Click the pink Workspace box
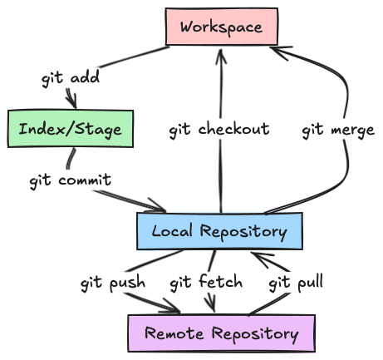point(222,27)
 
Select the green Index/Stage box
point(71,129)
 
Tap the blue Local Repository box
point(219,231)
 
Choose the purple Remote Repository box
point(222,333)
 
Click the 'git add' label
point(71,77)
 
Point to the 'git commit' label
point(71,180)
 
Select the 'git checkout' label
point(219,129)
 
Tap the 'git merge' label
point(338,130)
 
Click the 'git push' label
point(113,283)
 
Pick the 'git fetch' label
point(206,282)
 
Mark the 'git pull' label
point(296,283)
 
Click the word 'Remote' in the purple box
point(174,333)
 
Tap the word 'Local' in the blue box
point(172,231)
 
